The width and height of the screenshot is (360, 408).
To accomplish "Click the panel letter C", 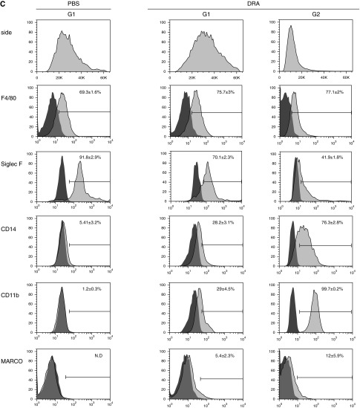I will (x=4, y=4).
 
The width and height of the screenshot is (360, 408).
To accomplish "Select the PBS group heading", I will (x=73, y=4).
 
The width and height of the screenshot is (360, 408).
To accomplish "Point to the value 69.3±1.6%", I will (x=91, y=91).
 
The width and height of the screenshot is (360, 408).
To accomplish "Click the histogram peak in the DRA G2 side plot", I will (x=291, y=29).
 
